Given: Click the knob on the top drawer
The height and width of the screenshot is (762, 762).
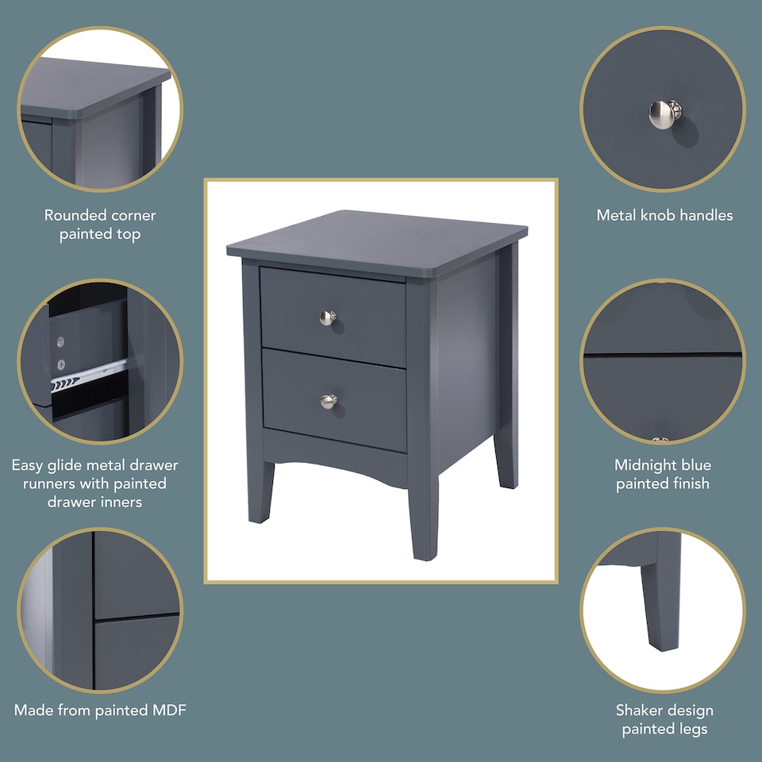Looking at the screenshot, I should [328, 317].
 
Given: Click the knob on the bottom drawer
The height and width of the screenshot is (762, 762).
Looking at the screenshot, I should [329, 401].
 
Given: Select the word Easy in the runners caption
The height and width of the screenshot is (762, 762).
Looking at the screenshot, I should [28, 465].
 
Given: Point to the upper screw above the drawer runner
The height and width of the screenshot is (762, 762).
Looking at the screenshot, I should [60, 341].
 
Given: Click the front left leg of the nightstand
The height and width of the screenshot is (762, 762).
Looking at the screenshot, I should [260, 492].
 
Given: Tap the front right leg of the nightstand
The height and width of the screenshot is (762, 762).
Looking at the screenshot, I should [422, 516].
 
